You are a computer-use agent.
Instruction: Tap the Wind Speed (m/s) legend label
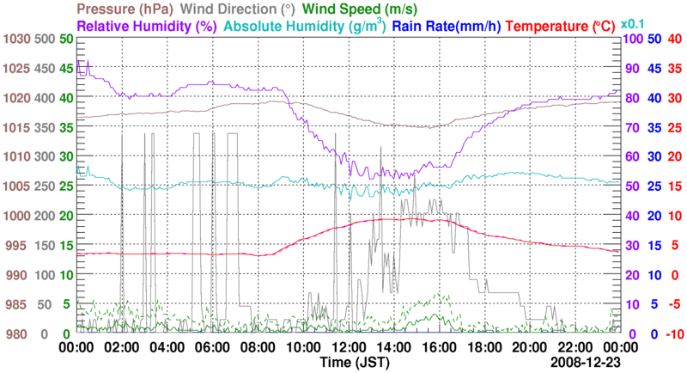365,9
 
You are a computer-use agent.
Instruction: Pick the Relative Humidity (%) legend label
146,26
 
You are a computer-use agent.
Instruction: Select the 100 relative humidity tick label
632,39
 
